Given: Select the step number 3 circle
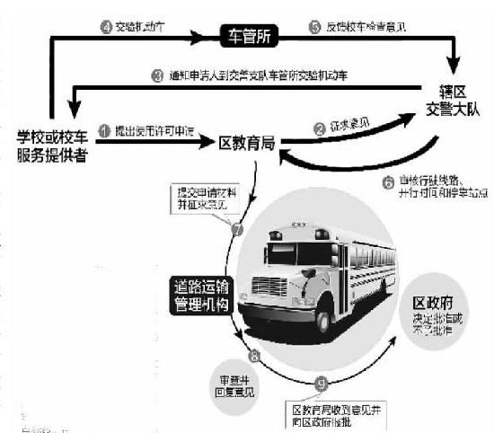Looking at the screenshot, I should (x=156, y=76).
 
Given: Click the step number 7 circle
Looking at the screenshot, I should (x=238, y=230).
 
